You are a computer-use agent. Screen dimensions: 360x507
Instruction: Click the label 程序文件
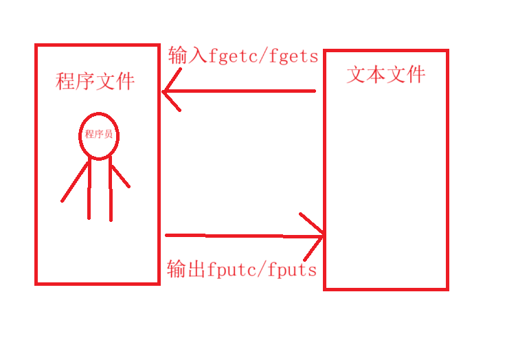[x=95, y=82]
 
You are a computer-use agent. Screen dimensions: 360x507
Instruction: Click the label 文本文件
[x=385, y=74]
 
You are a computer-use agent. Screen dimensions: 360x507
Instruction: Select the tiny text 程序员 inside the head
[x=99, y=135]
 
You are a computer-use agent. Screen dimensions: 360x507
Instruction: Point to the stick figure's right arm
[x=120, y=176]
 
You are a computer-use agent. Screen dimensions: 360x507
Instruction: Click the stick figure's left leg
[x=89, y=190]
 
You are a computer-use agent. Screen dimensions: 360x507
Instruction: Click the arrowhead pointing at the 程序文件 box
[x=169, y=91]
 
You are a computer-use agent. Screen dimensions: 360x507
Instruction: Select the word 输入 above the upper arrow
[x=187, y=56]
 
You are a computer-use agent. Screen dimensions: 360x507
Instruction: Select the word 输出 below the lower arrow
[x=186, y=269]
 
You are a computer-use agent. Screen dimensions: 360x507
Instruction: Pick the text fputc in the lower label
[x=231, y=269]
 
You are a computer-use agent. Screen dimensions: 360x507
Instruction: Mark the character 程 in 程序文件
[x=65, y=82]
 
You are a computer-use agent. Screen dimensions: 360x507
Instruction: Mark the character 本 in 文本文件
[x=376, y=74]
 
